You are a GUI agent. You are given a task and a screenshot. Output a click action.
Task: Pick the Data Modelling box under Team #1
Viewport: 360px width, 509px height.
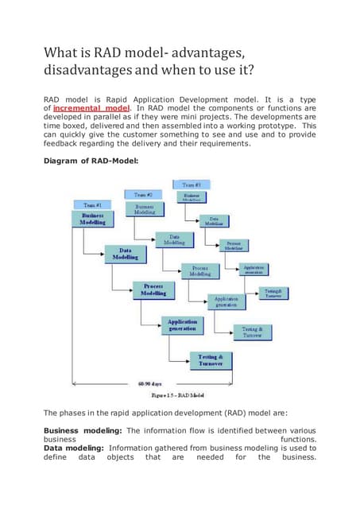[124, 253]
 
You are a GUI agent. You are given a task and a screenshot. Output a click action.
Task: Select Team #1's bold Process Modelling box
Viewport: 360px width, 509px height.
[154, 289]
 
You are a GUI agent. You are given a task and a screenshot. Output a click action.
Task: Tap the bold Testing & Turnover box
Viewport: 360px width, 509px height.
[210, 360]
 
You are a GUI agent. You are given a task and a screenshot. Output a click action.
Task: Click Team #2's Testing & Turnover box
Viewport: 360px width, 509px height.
[253, 331]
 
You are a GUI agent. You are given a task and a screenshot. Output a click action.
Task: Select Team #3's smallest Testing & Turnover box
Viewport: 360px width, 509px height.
[272, 293]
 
